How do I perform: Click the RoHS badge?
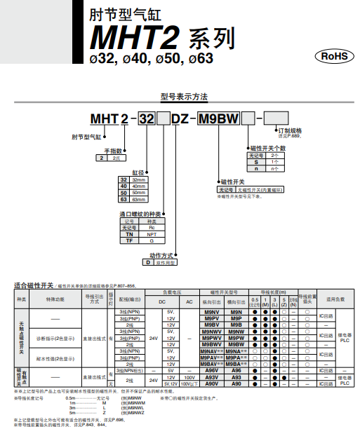(333, 56)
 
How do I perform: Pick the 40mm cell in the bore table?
(140, 186)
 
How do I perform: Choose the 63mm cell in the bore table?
(140, 199)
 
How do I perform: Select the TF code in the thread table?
(128, 240)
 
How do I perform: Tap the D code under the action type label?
(148, 261)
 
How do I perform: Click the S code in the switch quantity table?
(257, 162)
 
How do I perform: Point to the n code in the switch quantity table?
(257, 168)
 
